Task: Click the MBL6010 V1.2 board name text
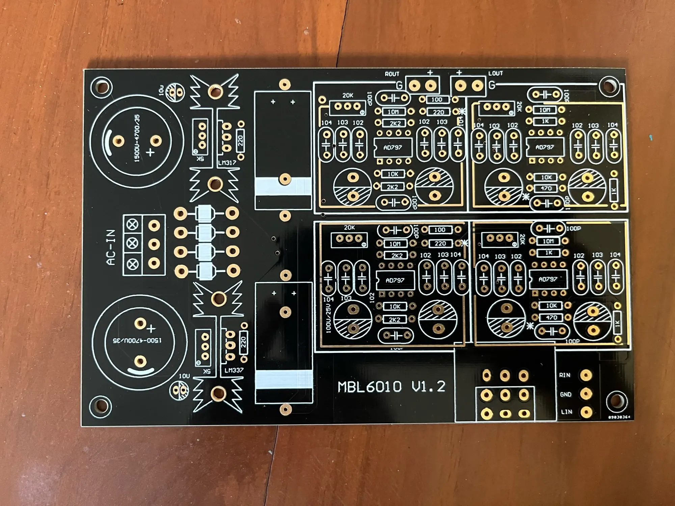pos(391,387)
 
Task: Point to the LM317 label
pos(227,163)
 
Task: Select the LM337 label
pos(234,370)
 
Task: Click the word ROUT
pos(392,74)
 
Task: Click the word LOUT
pos(495,73)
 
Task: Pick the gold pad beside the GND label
pos(586,393)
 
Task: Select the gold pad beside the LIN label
pos(586,412)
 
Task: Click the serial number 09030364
pos(619,417)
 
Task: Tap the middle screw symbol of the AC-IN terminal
pos(132,242)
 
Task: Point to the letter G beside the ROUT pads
pos(399,85)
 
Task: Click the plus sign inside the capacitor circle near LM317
pos(151,152)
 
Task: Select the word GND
pos(566,394)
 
